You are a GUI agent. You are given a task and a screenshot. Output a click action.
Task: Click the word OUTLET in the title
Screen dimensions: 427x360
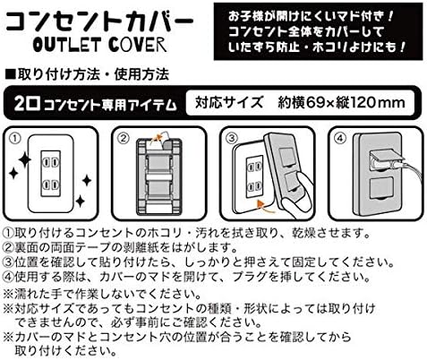coord(66,45)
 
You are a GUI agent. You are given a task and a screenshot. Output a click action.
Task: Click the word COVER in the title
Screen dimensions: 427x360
coord(137,45)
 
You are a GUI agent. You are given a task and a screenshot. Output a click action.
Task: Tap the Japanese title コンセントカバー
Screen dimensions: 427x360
coord(99,22)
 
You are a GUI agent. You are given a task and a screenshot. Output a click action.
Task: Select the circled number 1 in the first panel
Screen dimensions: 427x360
coord(15,138)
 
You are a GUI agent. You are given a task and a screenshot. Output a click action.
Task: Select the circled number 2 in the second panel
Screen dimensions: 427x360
coord(124,138)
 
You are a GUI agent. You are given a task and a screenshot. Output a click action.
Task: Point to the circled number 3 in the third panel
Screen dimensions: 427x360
coord(232,138)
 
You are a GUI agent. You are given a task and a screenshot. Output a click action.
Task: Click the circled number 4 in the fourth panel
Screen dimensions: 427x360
coord(340,138)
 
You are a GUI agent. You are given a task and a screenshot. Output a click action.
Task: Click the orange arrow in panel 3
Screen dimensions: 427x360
coord(266,207)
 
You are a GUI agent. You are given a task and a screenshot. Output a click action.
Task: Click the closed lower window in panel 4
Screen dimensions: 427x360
coord(381,188)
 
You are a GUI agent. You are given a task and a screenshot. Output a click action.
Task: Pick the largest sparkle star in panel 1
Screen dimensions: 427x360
coord(25,160)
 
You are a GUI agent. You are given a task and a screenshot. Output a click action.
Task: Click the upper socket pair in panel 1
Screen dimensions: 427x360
coord(50,163)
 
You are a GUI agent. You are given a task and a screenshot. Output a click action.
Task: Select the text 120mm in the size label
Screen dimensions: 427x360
coord(377,103)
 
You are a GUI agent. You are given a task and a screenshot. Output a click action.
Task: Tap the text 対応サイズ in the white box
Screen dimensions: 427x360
coord(229,102)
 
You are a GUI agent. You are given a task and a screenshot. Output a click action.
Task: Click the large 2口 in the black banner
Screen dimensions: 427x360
coord(27,104)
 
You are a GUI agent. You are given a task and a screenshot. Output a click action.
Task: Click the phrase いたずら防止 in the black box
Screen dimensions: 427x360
coord(264,47)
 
